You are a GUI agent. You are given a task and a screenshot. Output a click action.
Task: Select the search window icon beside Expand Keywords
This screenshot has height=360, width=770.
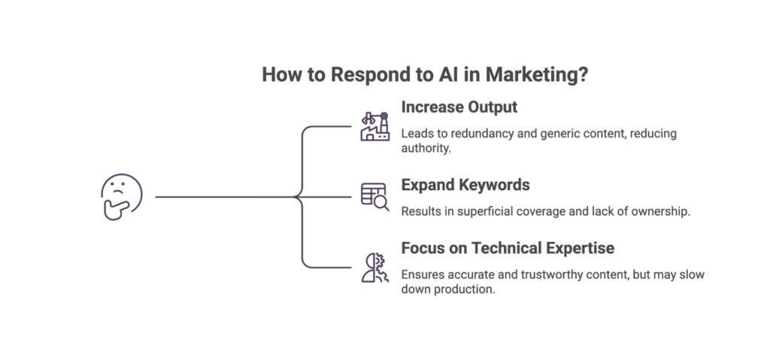point(374,196)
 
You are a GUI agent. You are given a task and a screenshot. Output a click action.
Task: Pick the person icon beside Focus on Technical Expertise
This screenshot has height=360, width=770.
point(374,267)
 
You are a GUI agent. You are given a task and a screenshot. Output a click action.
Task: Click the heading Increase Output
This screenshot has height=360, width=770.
point(459,107)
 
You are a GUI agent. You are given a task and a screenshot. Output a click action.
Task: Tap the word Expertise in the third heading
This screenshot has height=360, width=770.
point(585,248)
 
